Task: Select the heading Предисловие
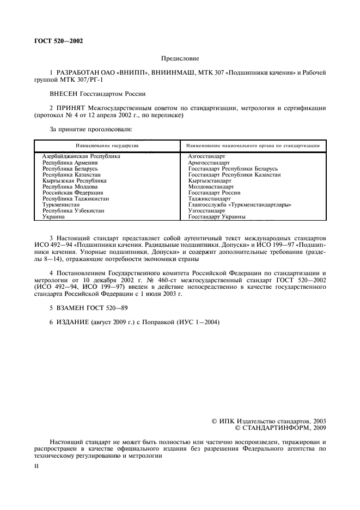point(180,58)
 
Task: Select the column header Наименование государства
point(107,146)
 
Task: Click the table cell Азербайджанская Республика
point(81,156)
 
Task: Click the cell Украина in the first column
point(54,217)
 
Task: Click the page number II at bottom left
point(36,467)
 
